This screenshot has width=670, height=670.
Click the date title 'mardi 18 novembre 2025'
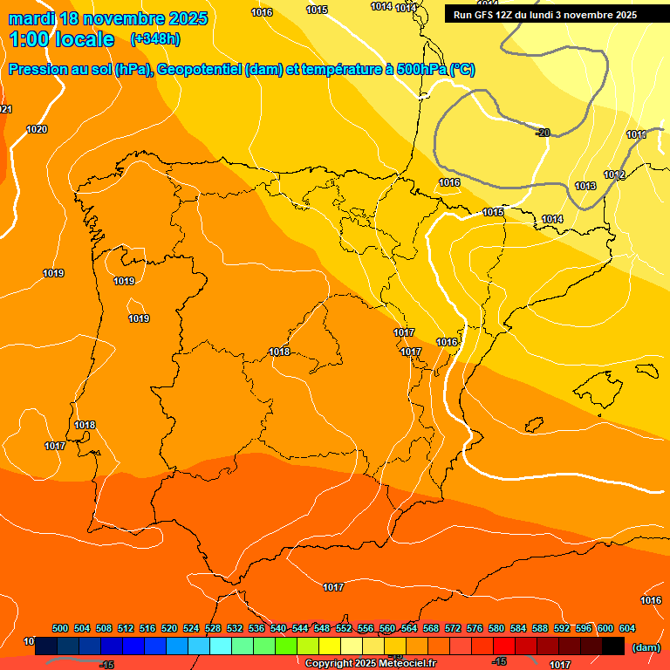(108, 18)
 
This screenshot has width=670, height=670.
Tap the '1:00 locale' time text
(62, 39)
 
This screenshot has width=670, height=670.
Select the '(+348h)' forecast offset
(154, 39)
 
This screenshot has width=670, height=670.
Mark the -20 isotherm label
(543, 133)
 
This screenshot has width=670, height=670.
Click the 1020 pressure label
(37, 129)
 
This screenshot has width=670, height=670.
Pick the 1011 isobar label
(637, 134)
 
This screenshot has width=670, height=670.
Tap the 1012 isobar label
(614, 174)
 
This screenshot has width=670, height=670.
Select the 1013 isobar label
(585, 186)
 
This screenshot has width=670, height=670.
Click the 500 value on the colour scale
(60, 628)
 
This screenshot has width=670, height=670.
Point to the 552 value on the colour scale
(344, 628)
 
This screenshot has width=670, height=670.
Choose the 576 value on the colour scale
(475, 628)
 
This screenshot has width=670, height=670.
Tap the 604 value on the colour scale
(627, 628)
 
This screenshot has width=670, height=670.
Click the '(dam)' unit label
(646, 647)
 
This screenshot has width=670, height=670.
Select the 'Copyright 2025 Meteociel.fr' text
(371, 664)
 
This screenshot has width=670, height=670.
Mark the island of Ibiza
(531, 423)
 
